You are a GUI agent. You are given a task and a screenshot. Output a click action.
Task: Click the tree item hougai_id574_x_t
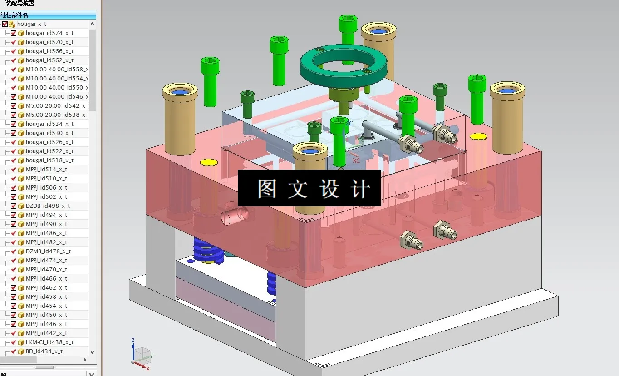coord(49,33)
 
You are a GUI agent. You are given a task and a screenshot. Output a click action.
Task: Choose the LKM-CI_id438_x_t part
coord(49,342)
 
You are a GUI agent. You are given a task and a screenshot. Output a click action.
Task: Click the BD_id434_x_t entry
coord(44,351)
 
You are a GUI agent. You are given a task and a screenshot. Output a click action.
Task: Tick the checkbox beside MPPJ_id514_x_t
coord(14,170)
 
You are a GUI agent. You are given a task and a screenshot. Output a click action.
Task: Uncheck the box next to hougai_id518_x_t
coord(14,160)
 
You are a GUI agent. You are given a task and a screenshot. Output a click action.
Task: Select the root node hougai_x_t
coord(31,24)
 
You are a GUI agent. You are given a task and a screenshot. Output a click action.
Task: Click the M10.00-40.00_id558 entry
coord(57,70)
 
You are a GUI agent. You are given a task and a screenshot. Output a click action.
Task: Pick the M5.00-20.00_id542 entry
coord(57,106)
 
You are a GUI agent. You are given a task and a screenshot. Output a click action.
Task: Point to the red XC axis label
coord(356,160)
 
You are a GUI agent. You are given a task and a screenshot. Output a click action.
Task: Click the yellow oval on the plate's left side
coord(209,162)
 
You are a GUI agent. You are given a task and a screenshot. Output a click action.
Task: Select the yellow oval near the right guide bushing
coord(478,136)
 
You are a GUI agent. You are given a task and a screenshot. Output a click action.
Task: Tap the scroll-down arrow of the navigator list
coord(93,352)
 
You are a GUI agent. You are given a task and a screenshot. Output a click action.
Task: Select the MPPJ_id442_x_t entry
coord(46,333)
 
